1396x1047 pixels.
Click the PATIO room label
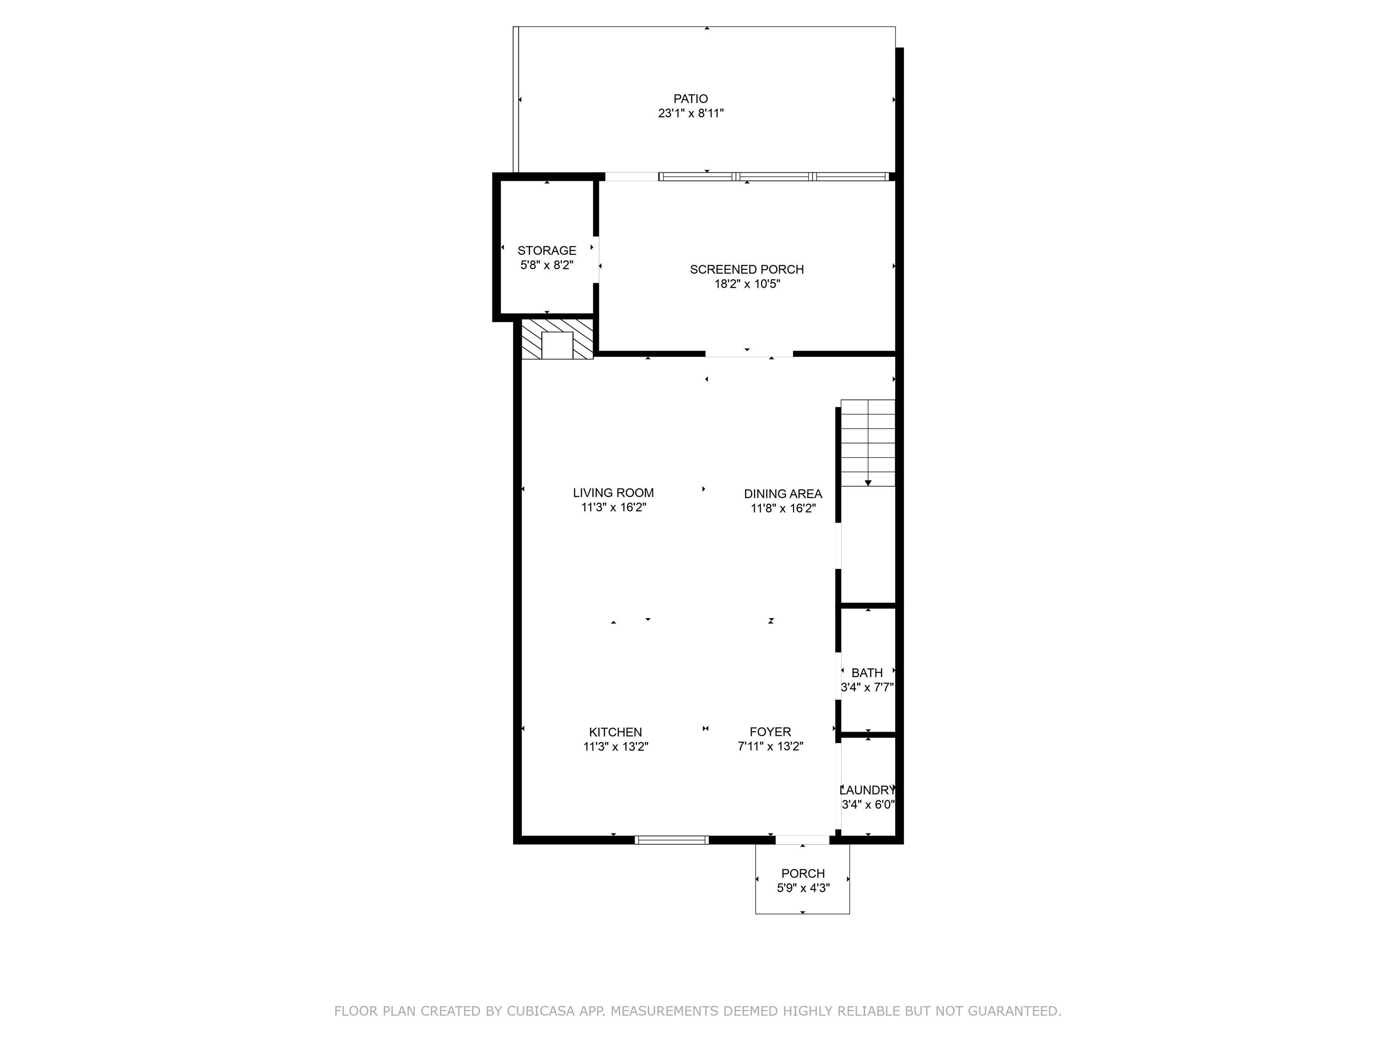click(x=690, y=99)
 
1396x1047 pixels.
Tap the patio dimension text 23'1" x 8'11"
click(x=690, y=114)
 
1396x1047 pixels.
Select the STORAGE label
click(x=547, y=250)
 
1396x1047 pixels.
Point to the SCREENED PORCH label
click(x=747, y=269)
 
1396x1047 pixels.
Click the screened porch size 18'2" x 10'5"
click(x=747, y=284)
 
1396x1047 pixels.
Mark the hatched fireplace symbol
click(x=557, y=339)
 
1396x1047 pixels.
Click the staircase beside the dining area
click(x=868, y=443)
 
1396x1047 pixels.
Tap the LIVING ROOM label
click(x=613, y=493)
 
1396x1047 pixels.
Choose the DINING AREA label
click(x=783, y=494)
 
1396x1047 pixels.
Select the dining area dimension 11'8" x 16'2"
click(x=783, y=509)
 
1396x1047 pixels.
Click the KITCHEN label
click(x=615, y=732)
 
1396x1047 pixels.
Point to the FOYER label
click(x=770, y=732)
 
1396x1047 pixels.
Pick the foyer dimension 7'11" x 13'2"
click(x=770, y=747)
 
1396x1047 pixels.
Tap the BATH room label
click(x=867, y=673)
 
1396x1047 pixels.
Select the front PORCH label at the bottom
click(x=803, y=873)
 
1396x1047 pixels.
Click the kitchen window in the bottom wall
click(x=672, y=839)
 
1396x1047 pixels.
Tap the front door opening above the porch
click(x=802, y=840)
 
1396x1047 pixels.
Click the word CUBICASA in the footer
click(x=540, y=1012)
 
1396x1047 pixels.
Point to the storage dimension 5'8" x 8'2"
click(x=547, y=265)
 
